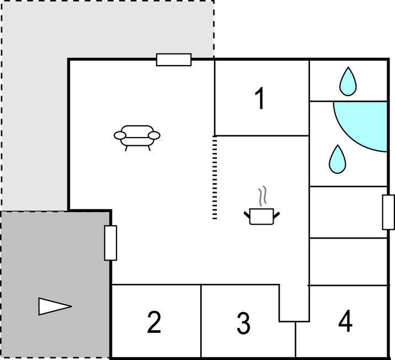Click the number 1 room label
click(259, 99)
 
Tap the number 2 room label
click(154, 322)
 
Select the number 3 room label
click(243, 324)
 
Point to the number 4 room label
click(345, 321)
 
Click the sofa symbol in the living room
click(137, 136)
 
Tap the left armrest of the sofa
click(120, 135)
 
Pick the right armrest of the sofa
click(154, 135)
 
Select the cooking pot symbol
click(261, 216)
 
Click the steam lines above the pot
click(263, 197)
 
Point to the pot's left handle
click(247, 213)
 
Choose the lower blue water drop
click(337, 159)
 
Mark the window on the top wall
click(174, 60)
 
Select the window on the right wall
click(388, 212)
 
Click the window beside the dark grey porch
click(111, 243)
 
